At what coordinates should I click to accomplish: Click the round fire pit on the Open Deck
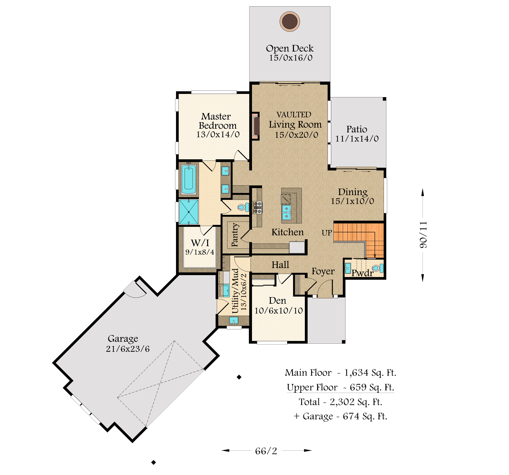pos(290,21)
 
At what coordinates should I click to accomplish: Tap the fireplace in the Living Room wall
pos(256,126)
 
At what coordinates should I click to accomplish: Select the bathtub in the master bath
pos(189,179)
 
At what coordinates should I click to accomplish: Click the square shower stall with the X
pos(188,212)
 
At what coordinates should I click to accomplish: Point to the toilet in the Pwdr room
pos(378,268)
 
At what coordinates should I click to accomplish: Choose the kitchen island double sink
pos(287,212)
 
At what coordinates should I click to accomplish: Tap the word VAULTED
pos(294,115)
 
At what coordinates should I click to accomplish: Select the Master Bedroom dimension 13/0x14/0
pos(218,134)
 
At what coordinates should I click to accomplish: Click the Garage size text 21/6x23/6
pos(128,349)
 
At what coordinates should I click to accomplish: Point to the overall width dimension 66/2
pos(266,451)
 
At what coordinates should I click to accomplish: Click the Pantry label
pos(235,235)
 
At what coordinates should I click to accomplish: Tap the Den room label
pos(278,301)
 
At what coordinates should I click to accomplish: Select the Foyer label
pos(323,272)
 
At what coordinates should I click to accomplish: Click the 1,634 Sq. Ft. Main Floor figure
pos(370,373)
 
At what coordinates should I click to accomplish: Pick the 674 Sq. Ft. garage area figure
pos(365,416)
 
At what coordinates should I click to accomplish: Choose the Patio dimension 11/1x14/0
pos(357,139)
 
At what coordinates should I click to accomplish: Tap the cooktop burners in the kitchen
pos(257,207)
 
